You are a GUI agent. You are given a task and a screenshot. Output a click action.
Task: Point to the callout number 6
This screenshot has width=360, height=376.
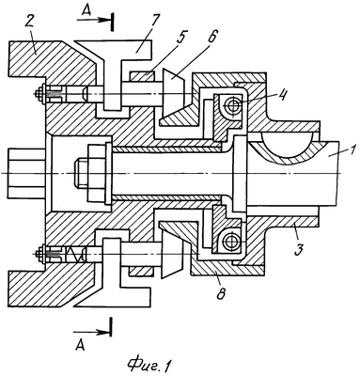click(x=211, y=39)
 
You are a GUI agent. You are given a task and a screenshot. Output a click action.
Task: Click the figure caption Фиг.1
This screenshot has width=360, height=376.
click(x=149, y=364)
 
